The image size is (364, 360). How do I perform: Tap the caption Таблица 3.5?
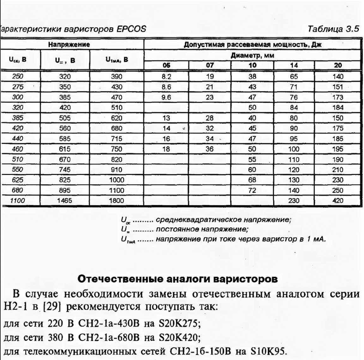333,29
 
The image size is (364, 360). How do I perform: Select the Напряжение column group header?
69,45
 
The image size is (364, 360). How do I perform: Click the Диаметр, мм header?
252,56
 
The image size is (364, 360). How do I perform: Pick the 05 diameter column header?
166,65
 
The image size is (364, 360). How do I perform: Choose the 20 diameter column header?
338,65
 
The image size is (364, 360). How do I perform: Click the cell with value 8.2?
166,76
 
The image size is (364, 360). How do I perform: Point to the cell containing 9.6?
166,97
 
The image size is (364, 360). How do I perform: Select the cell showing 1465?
65,201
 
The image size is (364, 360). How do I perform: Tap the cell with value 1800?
117,201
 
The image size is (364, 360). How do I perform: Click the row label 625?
18,180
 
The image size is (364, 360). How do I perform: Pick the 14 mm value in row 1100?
294,201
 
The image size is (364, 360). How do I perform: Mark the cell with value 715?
117,139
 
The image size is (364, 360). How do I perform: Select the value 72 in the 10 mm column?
252,190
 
